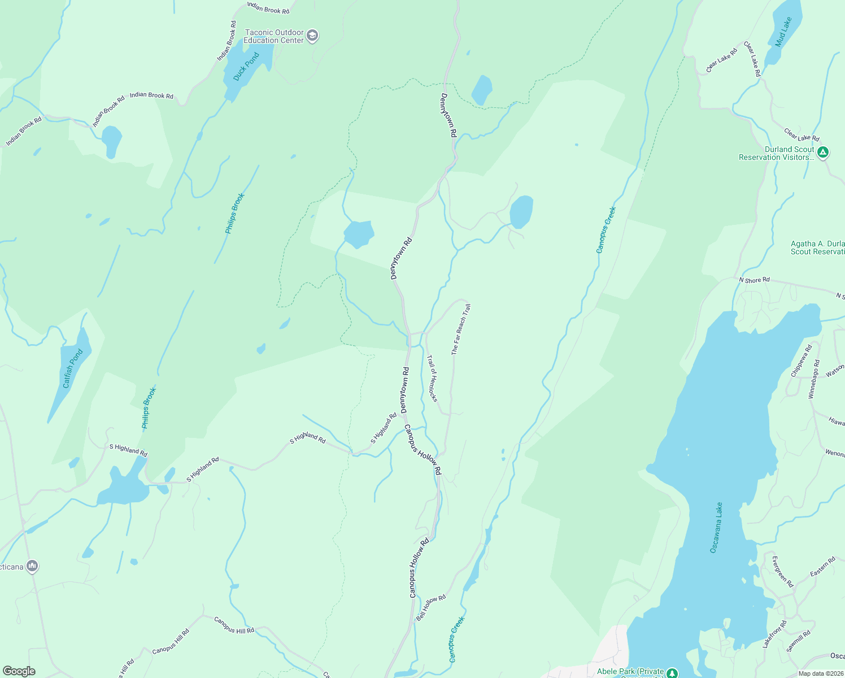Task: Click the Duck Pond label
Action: (x=246, y=67)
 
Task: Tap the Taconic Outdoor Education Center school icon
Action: (x=312, y=36)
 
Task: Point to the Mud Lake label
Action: (x=783, y=32)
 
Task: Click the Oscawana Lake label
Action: (x=716, y=527)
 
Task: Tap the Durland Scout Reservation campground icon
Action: (x=823, y=153)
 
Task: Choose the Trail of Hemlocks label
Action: (x=432, y=378)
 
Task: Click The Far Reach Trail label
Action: (x=461, y=329)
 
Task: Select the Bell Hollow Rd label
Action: (x=431, y=607)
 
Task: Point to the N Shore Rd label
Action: (x=754, y=280)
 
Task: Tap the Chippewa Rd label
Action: (x=801, y=361)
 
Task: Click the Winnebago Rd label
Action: (x=814, y=379)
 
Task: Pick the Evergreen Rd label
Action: (x=782, y=571)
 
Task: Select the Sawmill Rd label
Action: (x=798, y=641)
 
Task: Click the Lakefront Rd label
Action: (x=774, y=634)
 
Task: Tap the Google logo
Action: (x=19, y=671)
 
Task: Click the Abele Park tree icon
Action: (x=672, y=673)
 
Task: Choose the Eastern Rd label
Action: (x=822, y=567)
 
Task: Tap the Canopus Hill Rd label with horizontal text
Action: (x=234, y=625)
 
